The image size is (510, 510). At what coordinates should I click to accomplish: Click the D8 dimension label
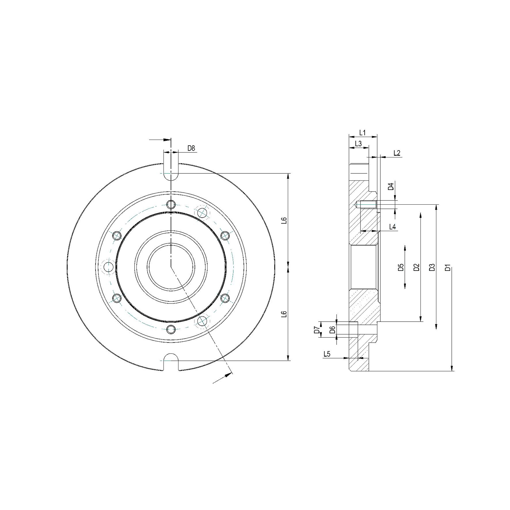point(191,148)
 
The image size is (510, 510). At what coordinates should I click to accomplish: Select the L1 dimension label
point(362,132)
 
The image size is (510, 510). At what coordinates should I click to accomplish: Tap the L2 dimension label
point(397,153)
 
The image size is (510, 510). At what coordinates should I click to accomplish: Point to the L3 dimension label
point(358,144)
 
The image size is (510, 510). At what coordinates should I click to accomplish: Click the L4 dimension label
point(393,227)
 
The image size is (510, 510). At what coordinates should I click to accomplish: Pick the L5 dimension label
point(327,354)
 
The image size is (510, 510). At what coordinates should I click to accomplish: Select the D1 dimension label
point(448,267)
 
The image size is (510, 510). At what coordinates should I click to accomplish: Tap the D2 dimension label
point(416,267)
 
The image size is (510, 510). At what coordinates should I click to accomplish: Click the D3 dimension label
point(432,267)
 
